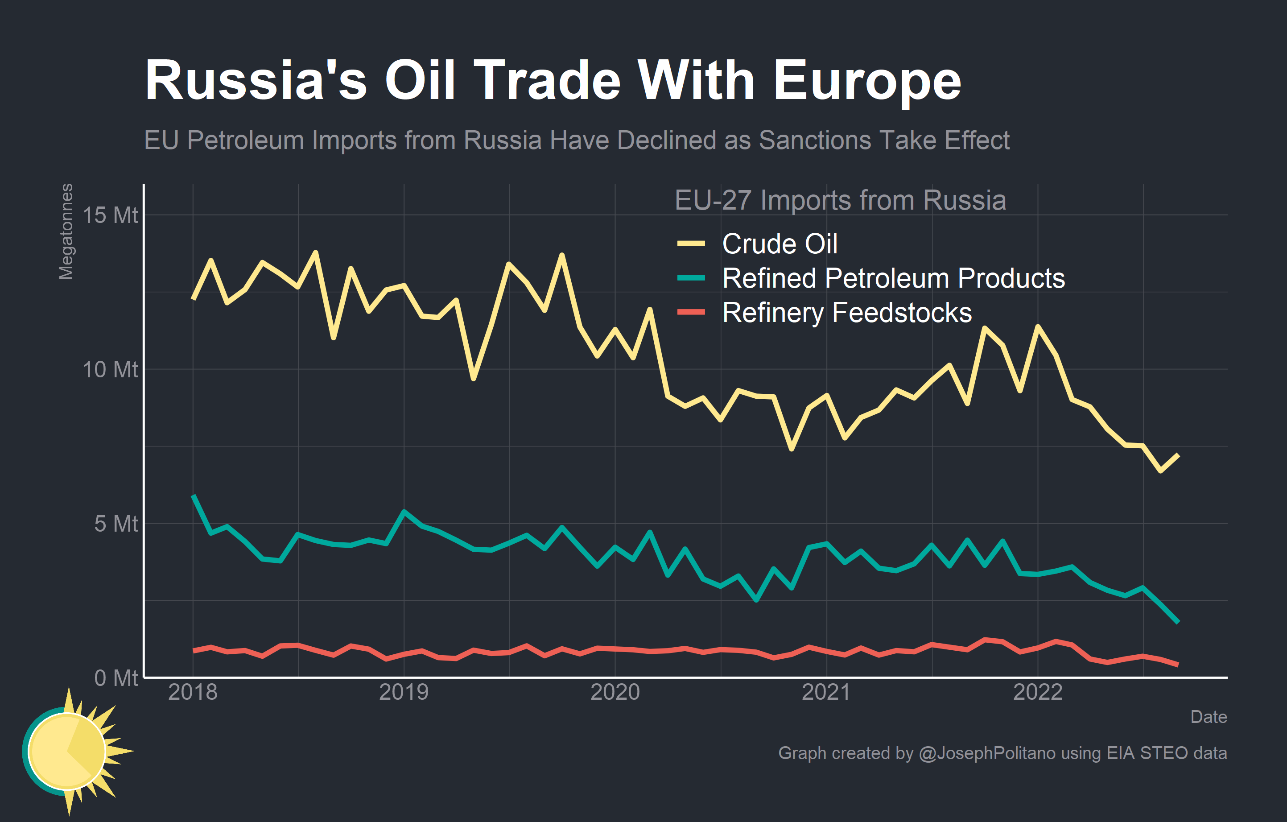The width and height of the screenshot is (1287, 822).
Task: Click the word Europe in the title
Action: tap(867, 80)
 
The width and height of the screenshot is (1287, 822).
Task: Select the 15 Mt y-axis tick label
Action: tap(110, 215)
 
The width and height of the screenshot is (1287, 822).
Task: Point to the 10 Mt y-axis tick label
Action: tap(110, 369)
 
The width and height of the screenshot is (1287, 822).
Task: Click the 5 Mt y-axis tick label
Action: tap(116, 524)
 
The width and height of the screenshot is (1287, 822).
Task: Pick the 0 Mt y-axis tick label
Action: tap(116, 677)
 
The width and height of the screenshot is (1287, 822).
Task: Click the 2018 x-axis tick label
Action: tap(193, 692)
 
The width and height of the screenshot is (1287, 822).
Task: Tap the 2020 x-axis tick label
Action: tap(615, 692)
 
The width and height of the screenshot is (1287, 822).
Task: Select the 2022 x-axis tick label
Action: tap(1038, 692)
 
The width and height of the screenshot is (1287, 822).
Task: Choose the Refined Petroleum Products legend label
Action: tap(893, 278)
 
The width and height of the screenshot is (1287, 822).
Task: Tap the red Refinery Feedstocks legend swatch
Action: tap(691, 312)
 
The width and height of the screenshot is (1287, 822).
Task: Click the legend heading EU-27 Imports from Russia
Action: tap(840, 200)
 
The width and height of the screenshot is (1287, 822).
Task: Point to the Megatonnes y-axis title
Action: tap(66, 231)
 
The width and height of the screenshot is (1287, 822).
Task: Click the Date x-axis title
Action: tap(1209, 717)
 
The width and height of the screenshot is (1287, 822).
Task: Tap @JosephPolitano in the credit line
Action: tap(986, 753)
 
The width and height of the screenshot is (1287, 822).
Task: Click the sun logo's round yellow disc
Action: tap(67, 751)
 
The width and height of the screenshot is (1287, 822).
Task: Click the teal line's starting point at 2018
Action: tap(193, 496)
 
